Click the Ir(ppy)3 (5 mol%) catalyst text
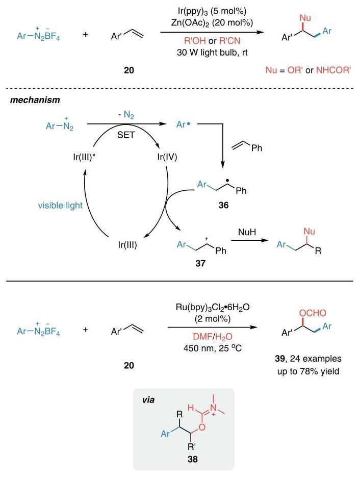[x=212, y=11]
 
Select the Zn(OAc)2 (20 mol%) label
[x=212, y=23]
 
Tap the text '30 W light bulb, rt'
[x=212, y=53]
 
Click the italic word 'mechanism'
[x=35, y=100]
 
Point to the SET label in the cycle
[x=126, y=135]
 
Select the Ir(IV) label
[x=167, y=157]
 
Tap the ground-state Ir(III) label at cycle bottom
[x=127, y=245]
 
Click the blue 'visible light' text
[x=60, y=206]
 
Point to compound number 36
[x=223, y=205]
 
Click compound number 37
[x=200, y=263]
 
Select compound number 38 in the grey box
[x=192, y=459]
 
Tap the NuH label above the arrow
[x=247, y=232]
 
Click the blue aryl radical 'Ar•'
[x=183, y=124]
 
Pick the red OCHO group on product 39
[x=313, y=313]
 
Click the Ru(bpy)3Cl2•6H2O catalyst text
[x=213, y=307]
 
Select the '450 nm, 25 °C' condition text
[x=213, y=348]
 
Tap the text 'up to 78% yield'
[x=308, y=371]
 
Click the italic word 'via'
[x=148, y=399]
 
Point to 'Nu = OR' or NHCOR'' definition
[x=308, y=70]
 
